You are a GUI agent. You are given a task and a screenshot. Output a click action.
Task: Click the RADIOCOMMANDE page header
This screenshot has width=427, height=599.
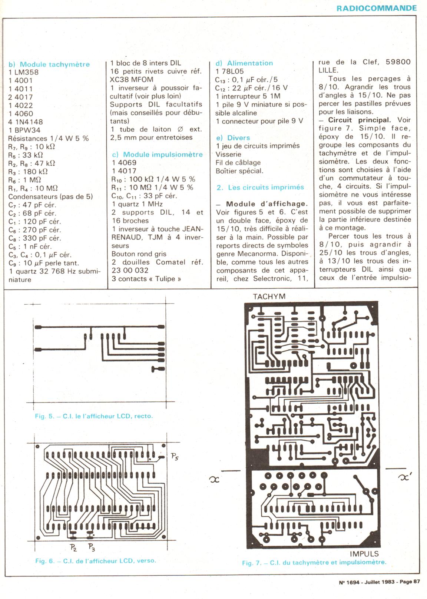click(377, 8)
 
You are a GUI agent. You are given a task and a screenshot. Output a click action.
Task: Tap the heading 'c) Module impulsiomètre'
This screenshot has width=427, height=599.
click(157, 154)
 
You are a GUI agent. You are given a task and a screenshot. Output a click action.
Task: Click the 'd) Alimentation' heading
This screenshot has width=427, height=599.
click(244, 63)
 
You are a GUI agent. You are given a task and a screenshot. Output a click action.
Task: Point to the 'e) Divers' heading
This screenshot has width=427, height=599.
click(233, 138)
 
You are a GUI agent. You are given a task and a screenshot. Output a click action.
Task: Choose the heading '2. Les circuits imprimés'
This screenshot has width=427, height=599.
click(260, 188)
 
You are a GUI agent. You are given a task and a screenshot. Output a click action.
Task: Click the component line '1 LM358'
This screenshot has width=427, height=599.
click(23, 72)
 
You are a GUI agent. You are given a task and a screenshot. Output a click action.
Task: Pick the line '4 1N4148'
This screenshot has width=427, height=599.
click(26, 122)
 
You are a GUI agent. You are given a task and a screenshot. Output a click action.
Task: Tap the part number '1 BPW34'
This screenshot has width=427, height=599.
click(24, 130)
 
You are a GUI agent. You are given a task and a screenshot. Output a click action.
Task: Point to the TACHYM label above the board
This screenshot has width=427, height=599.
click(269, 297)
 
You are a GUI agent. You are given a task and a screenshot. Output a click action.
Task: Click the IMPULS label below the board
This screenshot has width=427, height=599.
click(364, 554)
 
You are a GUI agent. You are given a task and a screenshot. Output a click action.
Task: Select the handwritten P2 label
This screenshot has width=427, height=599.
click(73, 547)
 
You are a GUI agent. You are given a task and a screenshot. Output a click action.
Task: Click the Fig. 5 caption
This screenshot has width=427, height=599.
click(93, 416)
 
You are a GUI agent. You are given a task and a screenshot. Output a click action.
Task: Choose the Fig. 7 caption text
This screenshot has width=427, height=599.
click(314, 562)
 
